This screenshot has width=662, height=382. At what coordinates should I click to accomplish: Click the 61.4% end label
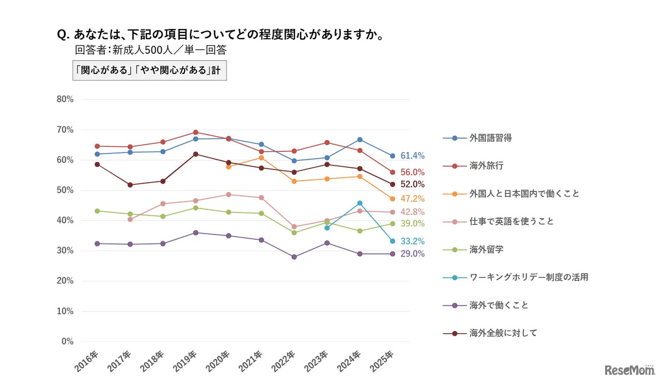point(412,156)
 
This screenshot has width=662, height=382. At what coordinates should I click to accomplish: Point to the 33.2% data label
point(412,241)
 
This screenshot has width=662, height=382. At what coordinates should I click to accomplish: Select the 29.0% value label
point(412,254)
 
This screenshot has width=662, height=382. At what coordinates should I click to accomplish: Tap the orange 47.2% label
point(412,199)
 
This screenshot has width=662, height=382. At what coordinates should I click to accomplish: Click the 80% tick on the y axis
point(65,99)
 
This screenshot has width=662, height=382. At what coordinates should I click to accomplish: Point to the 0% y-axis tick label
point(67,341)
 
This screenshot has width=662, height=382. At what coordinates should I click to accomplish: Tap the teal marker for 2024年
point(360,203)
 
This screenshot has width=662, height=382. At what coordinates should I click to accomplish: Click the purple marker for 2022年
point(294,257)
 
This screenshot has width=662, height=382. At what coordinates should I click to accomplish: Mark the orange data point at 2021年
point(262,158)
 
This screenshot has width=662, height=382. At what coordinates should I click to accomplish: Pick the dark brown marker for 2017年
point(130,185)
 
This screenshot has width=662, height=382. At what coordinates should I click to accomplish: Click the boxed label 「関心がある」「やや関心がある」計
point(149,71)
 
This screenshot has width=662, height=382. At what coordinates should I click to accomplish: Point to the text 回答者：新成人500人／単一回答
point(151,51)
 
